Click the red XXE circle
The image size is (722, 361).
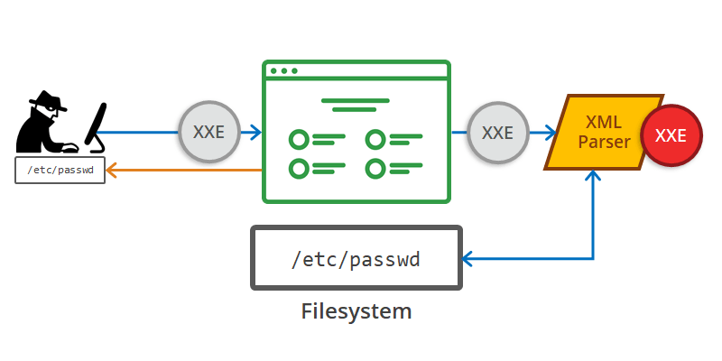coord(671,136)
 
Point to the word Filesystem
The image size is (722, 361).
coord(356,311)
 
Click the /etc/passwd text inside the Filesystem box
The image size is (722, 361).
coord(356,260)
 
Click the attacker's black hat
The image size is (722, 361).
coord(45,100)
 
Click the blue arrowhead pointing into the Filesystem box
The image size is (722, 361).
coord(467,260)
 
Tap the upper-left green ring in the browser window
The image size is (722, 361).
coord(298,139)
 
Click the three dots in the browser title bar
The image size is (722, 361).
coord(283,70)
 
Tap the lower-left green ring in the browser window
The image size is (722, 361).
coord(298,168)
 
